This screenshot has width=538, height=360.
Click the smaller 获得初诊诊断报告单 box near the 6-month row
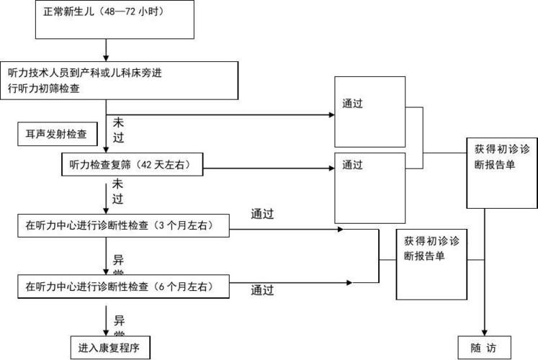(x=431, y=264)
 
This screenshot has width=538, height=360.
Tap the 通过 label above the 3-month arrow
(x=262, y=214)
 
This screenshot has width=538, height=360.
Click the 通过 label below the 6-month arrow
(x=262, y=291)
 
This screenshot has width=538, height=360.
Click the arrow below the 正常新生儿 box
(x=106, y=51)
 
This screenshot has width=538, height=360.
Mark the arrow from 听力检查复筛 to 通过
(x=269, y=169)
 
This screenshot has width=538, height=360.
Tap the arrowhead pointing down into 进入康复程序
(x=107, y=330)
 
